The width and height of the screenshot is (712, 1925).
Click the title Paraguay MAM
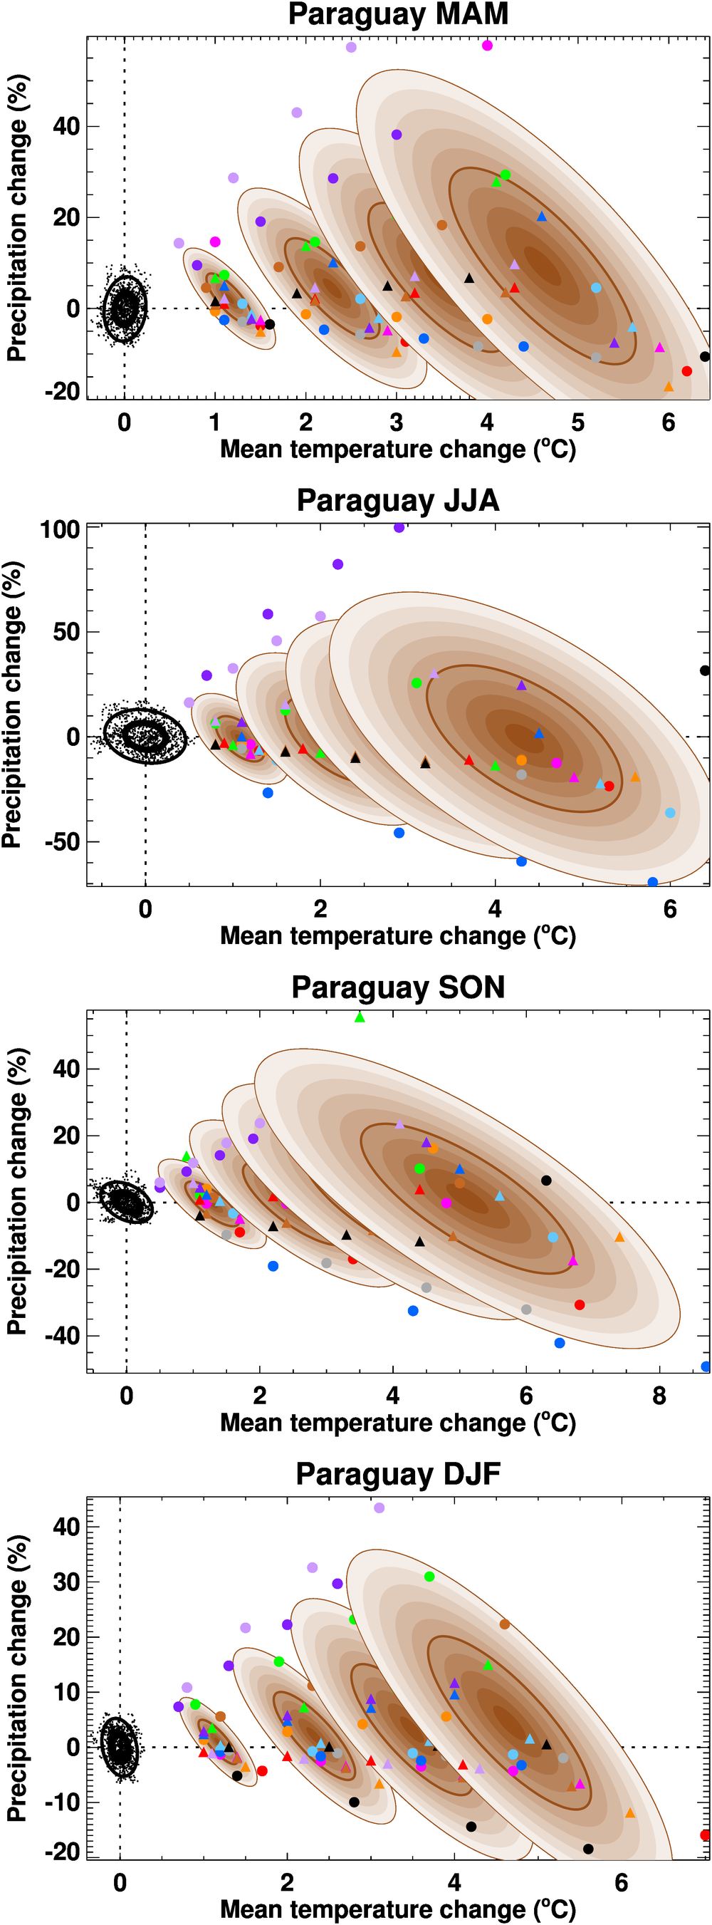coord(397,15)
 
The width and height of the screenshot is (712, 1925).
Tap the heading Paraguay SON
coord(397,987)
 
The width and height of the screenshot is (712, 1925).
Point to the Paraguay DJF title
coord(397,1475)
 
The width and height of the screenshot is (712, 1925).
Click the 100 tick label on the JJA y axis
coord(60,530)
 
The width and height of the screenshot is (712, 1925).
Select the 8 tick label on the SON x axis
coord(659,1396)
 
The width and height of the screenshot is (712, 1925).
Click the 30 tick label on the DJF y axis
coord(66,1582)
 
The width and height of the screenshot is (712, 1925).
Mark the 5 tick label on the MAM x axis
coord(577,423)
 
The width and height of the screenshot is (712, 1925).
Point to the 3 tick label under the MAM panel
coord(396,423)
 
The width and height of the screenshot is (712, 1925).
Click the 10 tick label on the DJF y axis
coord(66,1692)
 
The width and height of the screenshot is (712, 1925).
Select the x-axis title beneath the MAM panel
coord(397,450)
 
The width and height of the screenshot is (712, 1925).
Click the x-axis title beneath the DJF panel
coord(397,1909)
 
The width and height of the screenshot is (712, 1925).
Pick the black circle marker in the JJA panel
coord(705,670)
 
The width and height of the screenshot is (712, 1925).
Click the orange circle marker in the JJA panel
coord(521,760)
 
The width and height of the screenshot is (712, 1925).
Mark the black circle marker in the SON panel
coord(546,1181)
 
